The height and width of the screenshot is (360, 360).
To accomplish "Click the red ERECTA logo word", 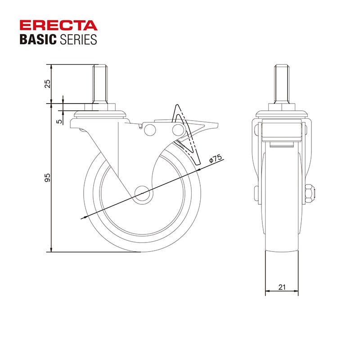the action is [58, 26].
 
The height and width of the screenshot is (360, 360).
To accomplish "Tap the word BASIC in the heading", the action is [38, 39].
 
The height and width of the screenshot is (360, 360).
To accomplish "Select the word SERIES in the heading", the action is [78, 39].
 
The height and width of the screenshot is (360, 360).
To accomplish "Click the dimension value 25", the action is [48, 84].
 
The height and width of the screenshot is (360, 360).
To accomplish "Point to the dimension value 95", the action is [47, 178].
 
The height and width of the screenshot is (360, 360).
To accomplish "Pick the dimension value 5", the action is [59, 121].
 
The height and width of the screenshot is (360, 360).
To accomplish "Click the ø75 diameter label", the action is [216, 159].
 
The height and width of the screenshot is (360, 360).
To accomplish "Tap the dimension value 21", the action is [282, 287].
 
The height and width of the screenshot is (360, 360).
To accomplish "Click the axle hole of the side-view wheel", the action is [142, 193].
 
